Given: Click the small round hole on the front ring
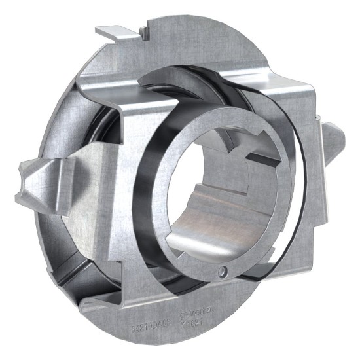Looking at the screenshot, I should pos(223,270).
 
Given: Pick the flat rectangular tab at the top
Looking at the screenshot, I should pos(120,32).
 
